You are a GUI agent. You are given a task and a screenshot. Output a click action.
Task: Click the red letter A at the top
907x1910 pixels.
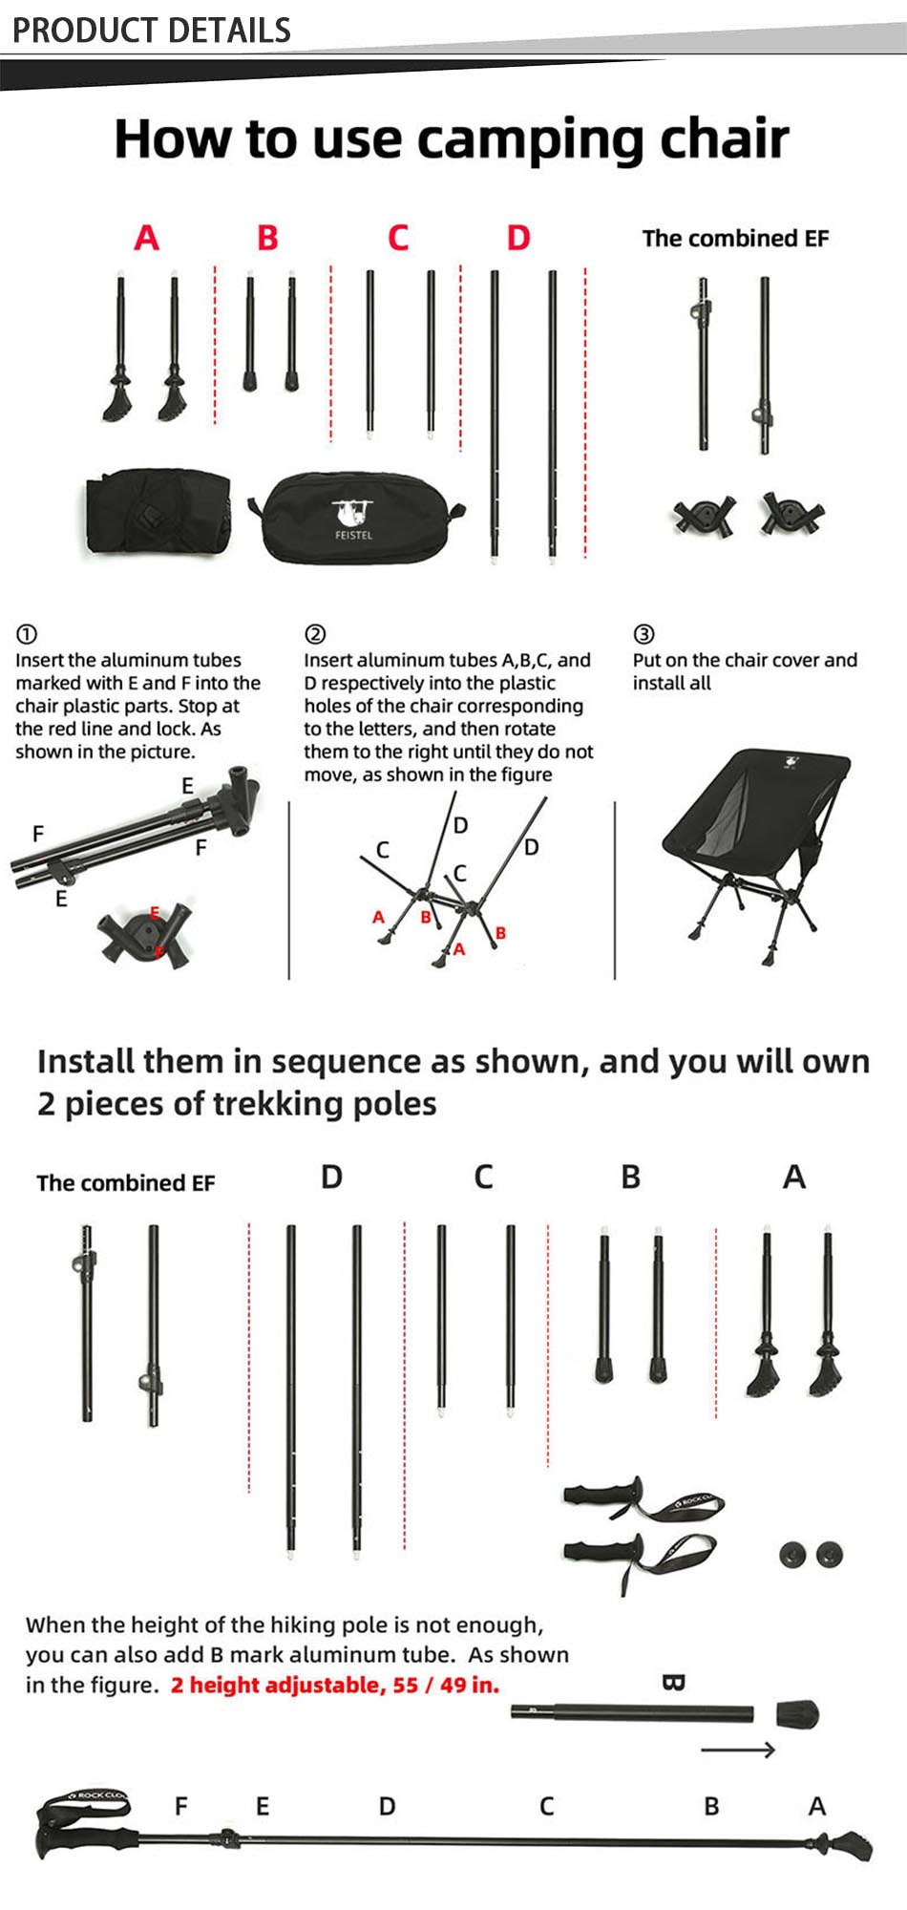[146, 238]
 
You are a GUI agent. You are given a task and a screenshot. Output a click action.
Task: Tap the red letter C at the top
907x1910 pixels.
[398, 238]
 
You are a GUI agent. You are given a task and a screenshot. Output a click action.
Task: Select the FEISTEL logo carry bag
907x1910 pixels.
[355, 518]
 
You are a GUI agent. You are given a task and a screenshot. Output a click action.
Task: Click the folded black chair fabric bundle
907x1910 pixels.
[158, 512]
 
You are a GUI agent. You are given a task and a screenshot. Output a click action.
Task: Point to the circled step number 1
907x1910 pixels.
[27, 634]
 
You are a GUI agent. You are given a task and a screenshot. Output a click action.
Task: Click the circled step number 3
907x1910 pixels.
[644, 634]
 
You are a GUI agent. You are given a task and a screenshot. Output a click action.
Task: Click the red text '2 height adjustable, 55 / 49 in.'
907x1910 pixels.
[335, 1685]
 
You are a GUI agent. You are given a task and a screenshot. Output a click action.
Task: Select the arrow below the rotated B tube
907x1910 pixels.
[737, 1750]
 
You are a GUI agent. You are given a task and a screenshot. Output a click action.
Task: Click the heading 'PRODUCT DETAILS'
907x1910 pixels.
[151, 31]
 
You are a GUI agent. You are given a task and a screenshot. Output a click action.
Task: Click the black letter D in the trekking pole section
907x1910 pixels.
[331, 1177]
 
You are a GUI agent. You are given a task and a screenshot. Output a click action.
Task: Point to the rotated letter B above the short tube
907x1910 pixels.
[673, 1683]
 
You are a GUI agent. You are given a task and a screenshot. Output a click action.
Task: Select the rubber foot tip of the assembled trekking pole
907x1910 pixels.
[854, 1843]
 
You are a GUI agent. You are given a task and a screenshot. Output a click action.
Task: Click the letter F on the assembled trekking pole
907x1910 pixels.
[181, 1806]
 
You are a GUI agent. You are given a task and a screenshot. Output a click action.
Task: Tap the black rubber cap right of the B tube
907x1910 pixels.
[796, 1713]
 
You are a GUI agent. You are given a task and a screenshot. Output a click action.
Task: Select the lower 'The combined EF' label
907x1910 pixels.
[126, 1183]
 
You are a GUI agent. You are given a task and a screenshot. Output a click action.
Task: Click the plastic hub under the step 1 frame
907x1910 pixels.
[146, 933]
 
